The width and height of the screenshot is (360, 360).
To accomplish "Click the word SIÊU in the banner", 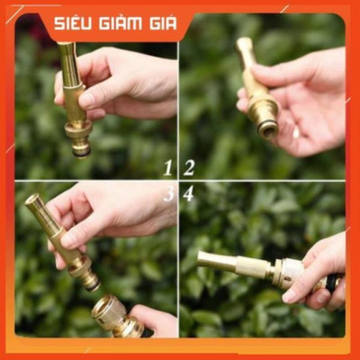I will [x=74, y=22].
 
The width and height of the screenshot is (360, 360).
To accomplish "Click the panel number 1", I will [x=168, y=166].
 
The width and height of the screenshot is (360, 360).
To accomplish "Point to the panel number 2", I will [x=189, y=166].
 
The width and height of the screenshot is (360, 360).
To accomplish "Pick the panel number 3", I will [x=168, y=193].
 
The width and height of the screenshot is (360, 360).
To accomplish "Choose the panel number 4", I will [x=189, y=193].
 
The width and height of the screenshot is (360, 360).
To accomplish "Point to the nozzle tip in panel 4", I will [x=205, y=261].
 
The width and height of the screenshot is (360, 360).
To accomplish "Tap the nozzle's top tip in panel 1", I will [x=66, y=47].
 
